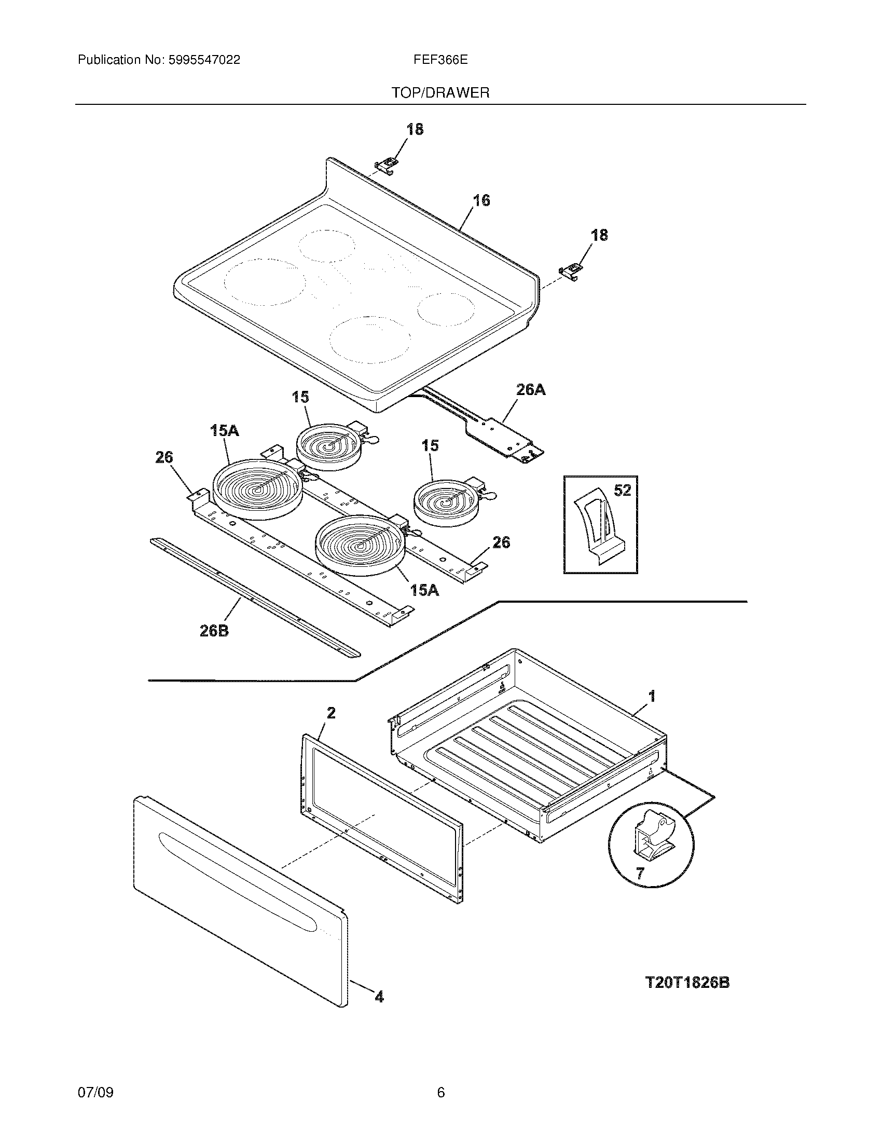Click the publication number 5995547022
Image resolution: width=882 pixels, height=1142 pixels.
(x=204, y=60)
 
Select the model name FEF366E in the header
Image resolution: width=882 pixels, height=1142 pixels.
(x=440, y=60)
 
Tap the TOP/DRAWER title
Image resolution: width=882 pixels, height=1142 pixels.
(x=440, y=93)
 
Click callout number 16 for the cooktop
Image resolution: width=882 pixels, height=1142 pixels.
(x=481, y=200)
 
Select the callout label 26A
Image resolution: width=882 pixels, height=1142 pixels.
(x=531, y=389)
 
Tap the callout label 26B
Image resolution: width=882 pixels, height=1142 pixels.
(x=214, y=631)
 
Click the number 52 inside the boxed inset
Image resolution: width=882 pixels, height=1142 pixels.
(x=622, y=491)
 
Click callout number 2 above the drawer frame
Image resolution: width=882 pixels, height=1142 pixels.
(x=332, y=713)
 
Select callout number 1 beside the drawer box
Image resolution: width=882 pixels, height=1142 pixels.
(x=652, y=696)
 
